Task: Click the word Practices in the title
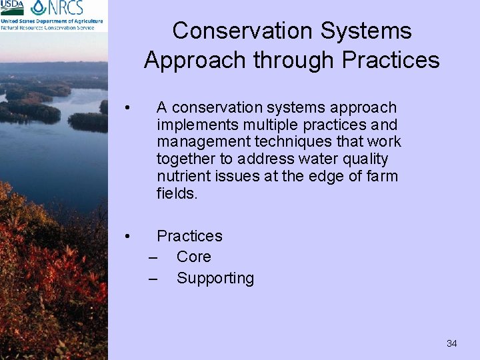coord(391,60)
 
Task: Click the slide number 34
coord(451,343)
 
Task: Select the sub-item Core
coord(193,257)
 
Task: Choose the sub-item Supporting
coord(215,278)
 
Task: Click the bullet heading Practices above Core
coord(189,236)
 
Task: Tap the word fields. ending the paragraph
coord(177,194)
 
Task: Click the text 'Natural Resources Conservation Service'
coord(52,27)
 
